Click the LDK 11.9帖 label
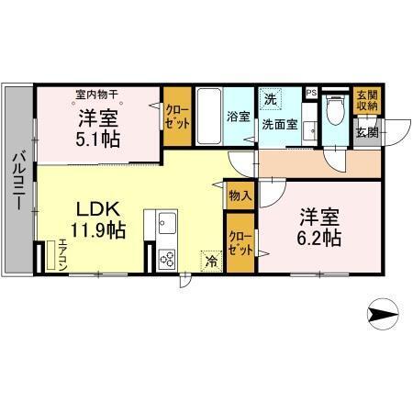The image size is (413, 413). [92, 218]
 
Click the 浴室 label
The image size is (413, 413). [238, 116]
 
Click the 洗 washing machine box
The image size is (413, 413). [271, 98]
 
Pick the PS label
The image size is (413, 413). [311, 92]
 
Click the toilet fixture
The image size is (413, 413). [336, 112]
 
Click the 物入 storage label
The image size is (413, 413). [240, 195]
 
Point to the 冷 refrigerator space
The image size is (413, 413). [212, 260]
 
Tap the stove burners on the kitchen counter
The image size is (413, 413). [167, 258]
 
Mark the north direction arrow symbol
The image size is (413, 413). [383, 314]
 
